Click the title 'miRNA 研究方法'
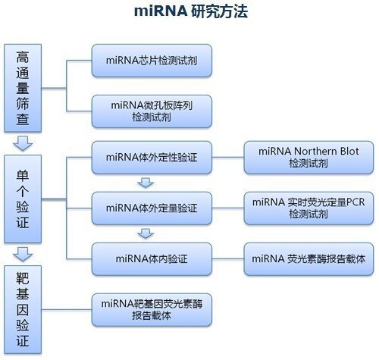(x=191, y=11)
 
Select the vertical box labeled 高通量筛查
(x=23, y=88)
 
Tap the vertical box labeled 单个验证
(x=23, y=199)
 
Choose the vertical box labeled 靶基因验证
(x=23, y=309)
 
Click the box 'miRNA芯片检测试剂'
(x=152, y=61)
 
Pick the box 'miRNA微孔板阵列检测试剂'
(x=152, y=111)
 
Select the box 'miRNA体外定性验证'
(x=152, y=158)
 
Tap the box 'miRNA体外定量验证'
(x=152, y=208)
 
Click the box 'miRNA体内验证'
(x=152, y=259)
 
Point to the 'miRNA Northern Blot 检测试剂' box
(x=309, y=158)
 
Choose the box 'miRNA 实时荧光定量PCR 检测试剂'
(x=309, y=208)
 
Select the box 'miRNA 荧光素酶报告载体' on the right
(x=309, y=259)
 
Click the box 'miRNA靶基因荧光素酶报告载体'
(x=152, y=310)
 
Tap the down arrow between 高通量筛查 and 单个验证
(x=23, y=143)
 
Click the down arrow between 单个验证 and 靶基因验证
(x=23, y=254)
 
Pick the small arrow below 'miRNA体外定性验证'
(x=146, y=183)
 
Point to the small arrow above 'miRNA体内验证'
(x=146, y=233)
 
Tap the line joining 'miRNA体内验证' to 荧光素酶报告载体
(x=228, y=259)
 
